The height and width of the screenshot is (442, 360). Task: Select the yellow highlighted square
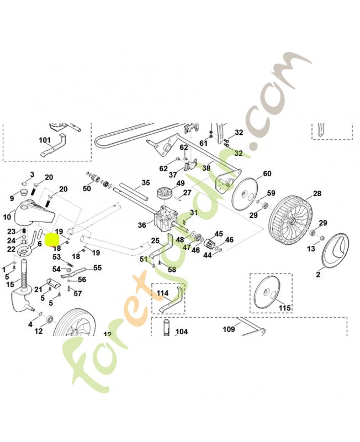(x=51, y=240)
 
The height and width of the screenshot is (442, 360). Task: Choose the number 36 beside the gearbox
(x=142, y=225)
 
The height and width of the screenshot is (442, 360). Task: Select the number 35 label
(x=145, y=182)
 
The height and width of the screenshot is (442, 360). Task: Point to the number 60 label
(x=267, y=173)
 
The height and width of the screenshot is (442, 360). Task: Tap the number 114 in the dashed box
(x=162, y=292)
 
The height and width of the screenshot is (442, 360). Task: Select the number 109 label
(x=229, y=329)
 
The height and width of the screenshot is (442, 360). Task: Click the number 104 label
(x=181, y=332)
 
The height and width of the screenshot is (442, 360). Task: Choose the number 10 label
(x=7, y=216)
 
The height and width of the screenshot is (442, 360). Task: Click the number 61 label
(x=203, y=143)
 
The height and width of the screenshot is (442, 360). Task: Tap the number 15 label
(x=9, y=285)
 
